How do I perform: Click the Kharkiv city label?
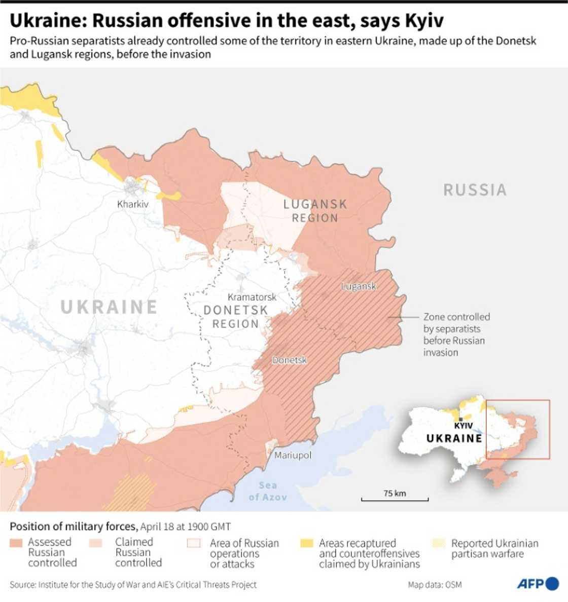(x=132, y=204)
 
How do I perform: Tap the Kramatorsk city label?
(x=252, y=297)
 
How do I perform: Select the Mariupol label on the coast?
(x=293, y=455)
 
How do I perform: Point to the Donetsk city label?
(x=290, y=360)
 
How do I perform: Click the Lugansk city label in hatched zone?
(x=359, y=286)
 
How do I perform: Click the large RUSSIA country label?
(x=475, y=190)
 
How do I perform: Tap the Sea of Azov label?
(x=267, y=491)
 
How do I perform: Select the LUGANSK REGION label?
(x=315, y=211)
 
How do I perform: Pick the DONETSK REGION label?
(x=235, y=317)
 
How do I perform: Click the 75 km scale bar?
(x=395, y=499)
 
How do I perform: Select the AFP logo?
(x=538, y=584)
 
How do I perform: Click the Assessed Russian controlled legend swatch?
(x=16, y=543)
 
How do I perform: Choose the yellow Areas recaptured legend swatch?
(x=307, y=543)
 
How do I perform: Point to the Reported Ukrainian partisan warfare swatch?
(x=439, y=543)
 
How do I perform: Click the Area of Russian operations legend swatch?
(x=194, y=543)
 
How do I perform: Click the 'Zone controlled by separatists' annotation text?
(x=456, y=334)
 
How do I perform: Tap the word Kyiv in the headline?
(x=424, y=21)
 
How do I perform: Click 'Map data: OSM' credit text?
(x=435, y=585)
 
